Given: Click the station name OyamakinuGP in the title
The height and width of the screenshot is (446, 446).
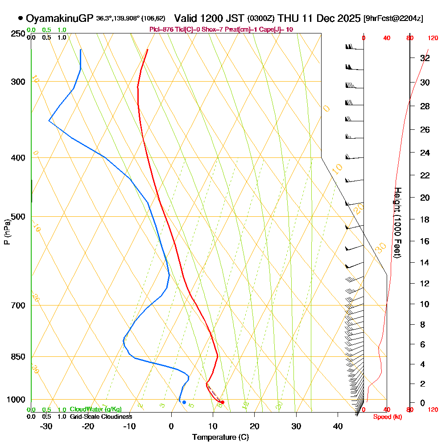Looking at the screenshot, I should [60, 19].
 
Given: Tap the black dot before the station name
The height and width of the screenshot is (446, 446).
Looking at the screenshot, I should [21, 18].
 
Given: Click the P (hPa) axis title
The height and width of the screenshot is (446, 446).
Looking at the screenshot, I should [7, 232].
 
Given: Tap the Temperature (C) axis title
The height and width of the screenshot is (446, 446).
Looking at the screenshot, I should [220, 438].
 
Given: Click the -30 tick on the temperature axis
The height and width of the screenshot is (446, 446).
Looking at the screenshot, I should [46, 426].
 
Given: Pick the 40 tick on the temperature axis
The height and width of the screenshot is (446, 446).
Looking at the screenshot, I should [338, 426].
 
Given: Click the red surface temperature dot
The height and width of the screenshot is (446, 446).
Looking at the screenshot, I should [223, 402].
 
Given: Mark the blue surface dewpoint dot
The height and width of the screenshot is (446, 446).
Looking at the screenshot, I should [184, 402].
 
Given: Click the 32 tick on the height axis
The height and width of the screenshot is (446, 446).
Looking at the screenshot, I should [425, 58].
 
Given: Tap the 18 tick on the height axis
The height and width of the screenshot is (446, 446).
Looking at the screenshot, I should [425, 219].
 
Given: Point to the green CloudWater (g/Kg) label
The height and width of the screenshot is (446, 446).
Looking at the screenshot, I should [95, 409].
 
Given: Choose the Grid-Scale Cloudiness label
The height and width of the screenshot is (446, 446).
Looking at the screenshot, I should [101, 417].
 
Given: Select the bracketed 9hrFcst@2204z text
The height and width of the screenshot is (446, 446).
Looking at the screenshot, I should [393, 19].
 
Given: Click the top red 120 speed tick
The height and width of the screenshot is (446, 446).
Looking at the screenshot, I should [432, 38].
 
